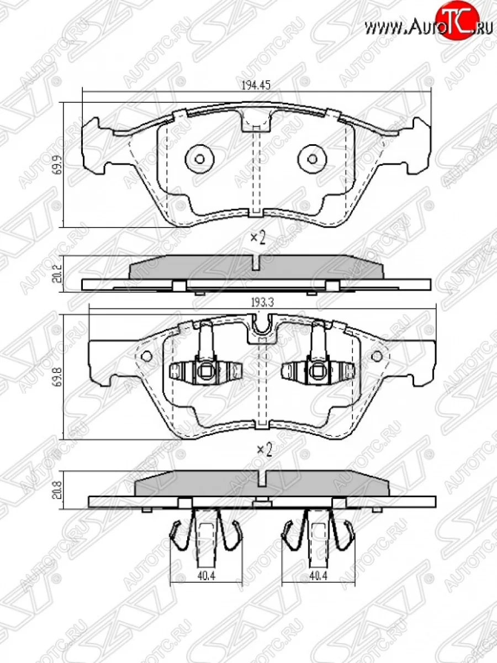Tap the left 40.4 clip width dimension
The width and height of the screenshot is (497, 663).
pyautogui.click(x=205, y=577)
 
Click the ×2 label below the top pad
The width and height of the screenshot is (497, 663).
pyautogui.click(x=258, y=238)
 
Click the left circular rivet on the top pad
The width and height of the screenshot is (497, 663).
pyautogui.click(x=199, y=159)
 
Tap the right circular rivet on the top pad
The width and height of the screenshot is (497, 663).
pyautogui.click(x=312, y=159)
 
